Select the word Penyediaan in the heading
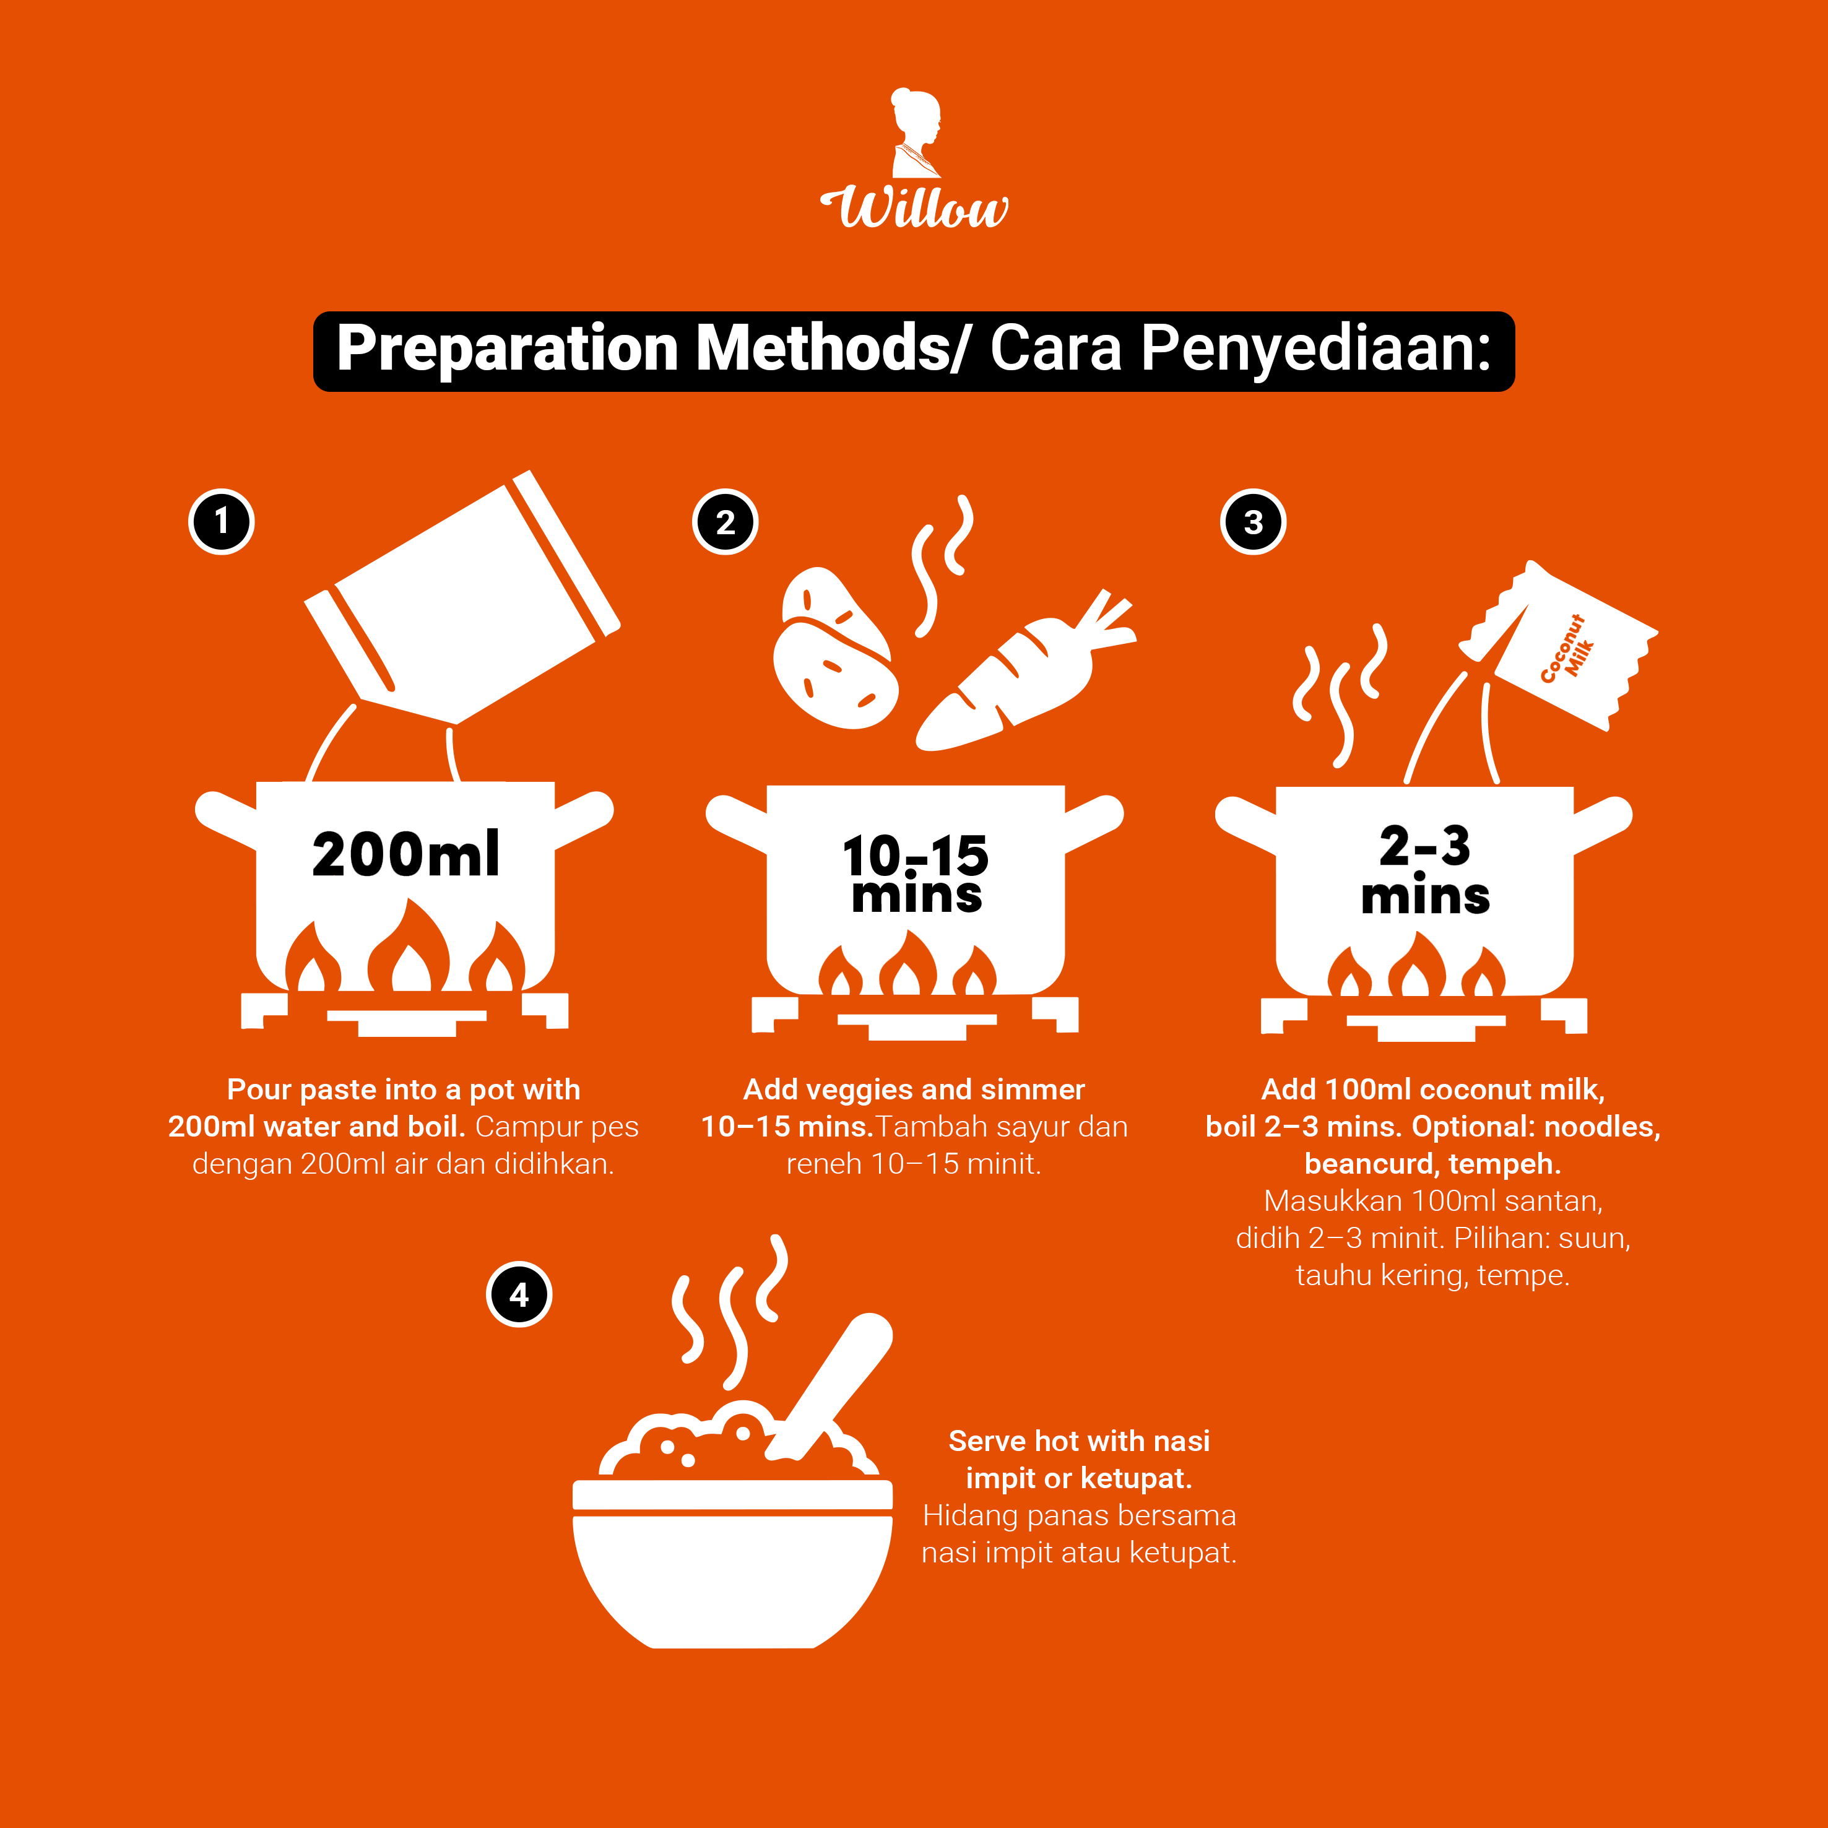1315,349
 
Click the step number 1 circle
222,521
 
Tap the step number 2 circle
725,521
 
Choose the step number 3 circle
1253,521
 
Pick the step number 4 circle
519,1294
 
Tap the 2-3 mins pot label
1425,870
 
